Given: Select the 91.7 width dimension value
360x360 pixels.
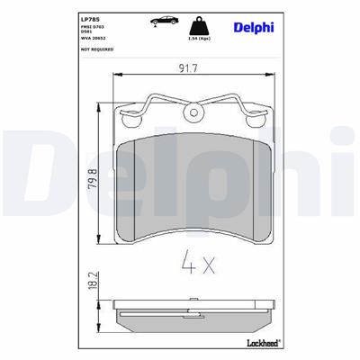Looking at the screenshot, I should click(188, 67).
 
